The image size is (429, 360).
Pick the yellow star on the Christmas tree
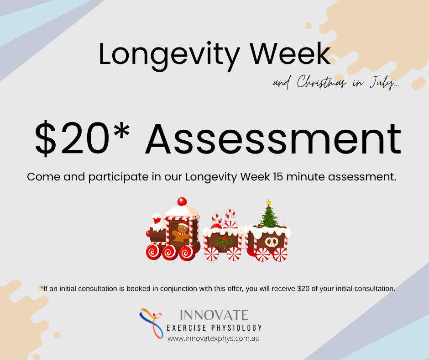(269, 202)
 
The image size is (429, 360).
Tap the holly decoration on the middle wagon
(224, 243)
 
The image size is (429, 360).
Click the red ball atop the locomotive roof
(182, 201)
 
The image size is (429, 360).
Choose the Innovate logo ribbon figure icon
(152, 323)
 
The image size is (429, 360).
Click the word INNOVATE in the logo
(214, 315)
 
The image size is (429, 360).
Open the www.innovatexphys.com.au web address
(214, 339)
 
